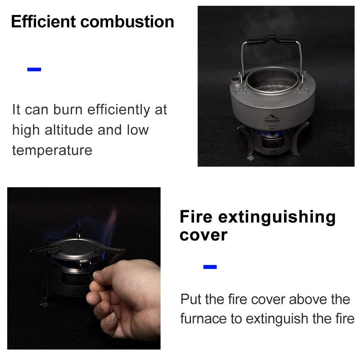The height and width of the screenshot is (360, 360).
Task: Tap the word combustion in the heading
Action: click(127, 22)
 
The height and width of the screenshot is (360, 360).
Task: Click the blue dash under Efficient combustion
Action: click(34, 69)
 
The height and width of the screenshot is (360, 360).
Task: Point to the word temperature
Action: click(52, 150)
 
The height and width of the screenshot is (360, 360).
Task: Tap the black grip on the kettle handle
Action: click(271, 40)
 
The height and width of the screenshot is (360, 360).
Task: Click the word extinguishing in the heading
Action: click(277, 217)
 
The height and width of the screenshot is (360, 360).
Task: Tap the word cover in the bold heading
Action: click(203, 235)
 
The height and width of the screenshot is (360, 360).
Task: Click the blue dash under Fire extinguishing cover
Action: click(210, 267)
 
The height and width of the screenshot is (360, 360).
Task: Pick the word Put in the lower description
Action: click(190, 299)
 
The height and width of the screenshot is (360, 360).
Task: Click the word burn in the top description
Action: click(68, 109)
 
